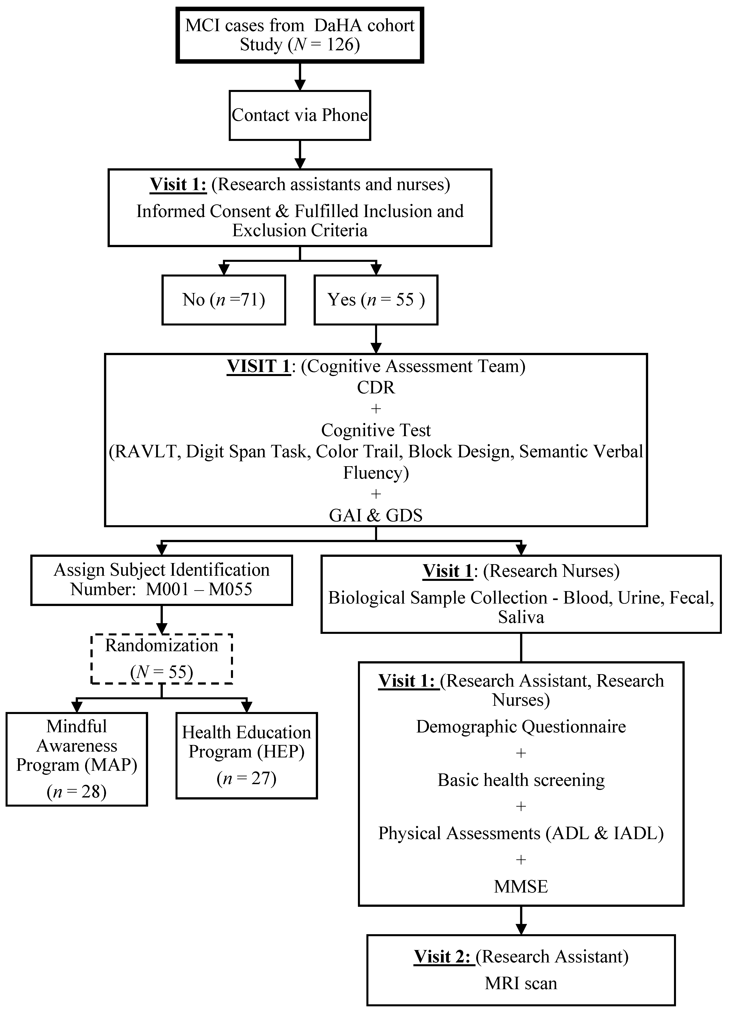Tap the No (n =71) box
click(223, 300)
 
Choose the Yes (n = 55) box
click(376, 300)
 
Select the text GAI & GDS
click(376, 515)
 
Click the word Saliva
click(521, 617)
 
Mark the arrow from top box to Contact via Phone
click(300, 77)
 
